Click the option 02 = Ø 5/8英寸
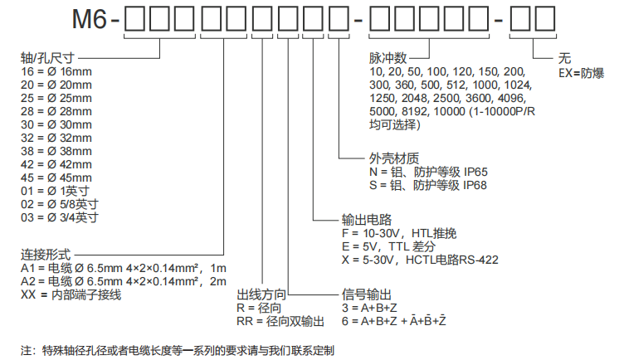click(x=60, y=204)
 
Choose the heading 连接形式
click(x=46, y=254)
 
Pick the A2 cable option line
click(x=124, y=281)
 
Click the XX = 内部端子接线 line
click(x=71, y=294)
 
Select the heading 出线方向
click(x=262, y=294)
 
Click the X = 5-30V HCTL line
click(x=419, y=260)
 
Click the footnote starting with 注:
click(x=178, y=349)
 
